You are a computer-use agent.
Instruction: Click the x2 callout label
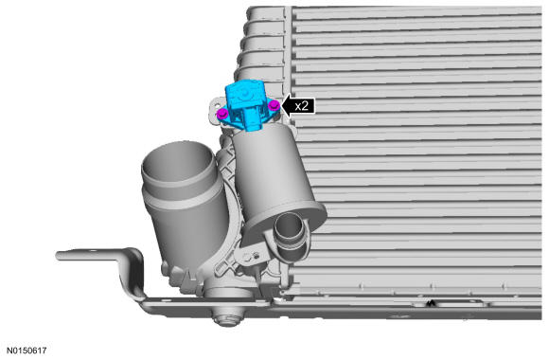[x=301, y=106]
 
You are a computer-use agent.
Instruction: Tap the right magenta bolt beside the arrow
[x=274, y=105]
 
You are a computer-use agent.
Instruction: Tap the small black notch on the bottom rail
[x=432, y=303]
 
